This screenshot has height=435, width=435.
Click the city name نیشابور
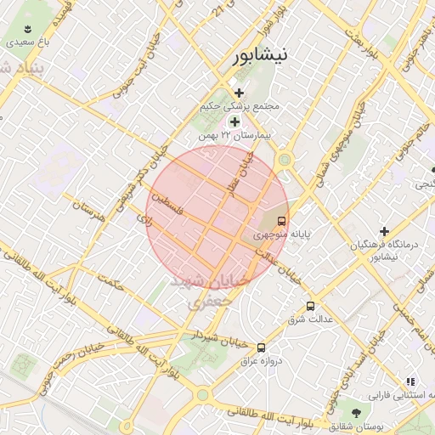coord(261,55)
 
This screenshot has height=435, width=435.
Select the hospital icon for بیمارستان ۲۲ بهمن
coord(234,122)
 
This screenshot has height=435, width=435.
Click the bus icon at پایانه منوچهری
coord(281,217)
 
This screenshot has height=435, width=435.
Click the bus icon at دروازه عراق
coord(261,347)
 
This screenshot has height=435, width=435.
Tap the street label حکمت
coord(110,283)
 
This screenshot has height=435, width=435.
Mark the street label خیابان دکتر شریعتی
coord(150,161)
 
